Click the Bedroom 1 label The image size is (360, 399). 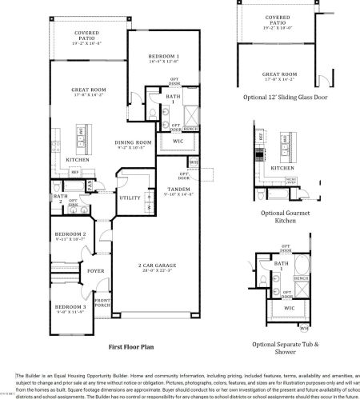point(162,55)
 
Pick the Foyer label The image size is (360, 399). point(96,270)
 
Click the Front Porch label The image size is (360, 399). point(102,303)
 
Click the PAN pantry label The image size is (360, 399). point(90,185)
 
